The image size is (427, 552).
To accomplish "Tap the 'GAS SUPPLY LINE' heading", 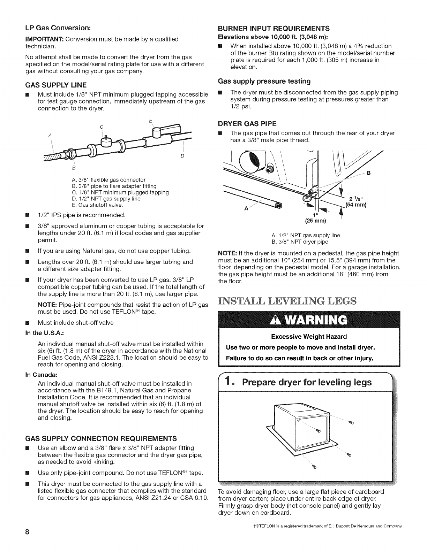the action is click(x=56, y=85).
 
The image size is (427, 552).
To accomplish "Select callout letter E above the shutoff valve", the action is click(x=151, y=121).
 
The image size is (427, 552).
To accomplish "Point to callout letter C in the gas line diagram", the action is click(x=102, y=127).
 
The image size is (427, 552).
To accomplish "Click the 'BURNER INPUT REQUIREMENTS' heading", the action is click(x=274, y=29).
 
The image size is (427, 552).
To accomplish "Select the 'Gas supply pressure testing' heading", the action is click(x=264, y=81).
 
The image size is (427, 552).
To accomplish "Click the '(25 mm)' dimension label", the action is click(x=315, y=221).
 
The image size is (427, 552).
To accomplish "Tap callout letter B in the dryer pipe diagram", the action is click(x=368, y=173).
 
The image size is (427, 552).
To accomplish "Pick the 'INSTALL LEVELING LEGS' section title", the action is click(x=287, y=301).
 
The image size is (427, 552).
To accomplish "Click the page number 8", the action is click(x=27, y=532).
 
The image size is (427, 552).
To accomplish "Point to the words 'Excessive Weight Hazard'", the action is click(x=309, y=337).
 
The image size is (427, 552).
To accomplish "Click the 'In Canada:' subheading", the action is click(x=41, y=375).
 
